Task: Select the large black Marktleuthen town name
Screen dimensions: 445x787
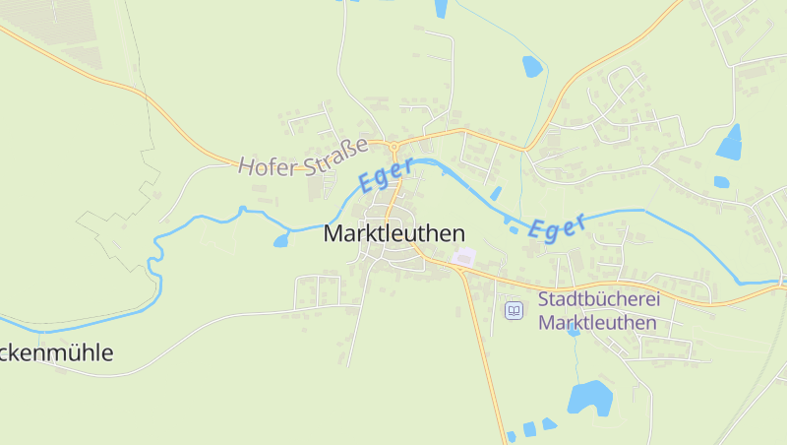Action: pos(393,234)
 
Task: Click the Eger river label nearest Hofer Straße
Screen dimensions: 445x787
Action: pos(385,176)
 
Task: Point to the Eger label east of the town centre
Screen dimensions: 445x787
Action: pos(557,225)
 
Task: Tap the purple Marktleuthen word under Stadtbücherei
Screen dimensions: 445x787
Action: pos(598,322)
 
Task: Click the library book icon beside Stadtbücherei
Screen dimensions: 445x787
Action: pos(513,310)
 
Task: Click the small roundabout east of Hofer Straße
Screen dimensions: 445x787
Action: pos(393,147)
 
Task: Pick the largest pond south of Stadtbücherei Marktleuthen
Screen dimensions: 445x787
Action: pos(589,398)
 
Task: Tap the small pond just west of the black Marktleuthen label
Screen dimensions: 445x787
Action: pos(281,240)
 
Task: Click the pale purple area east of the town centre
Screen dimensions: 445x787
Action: pos(462,257)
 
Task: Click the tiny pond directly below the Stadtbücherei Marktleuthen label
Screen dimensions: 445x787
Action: pos(574,332)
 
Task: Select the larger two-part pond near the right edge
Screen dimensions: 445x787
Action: pos(730,143)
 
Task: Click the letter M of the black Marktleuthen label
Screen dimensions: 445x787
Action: pos(333,234)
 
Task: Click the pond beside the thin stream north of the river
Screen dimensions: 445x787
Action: pos(532,66)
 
